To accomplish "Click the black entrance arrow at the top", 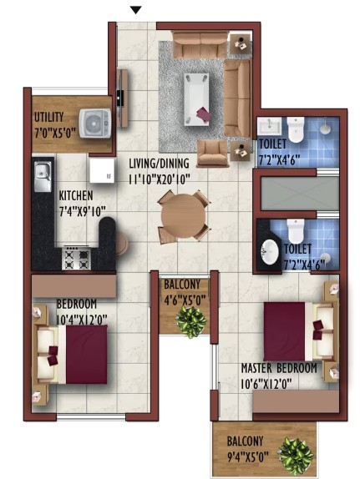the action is click(x=136, y=10).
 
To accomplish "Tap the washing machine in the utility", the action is click(x=95, y=124).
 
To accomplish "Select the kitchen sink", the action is click(x=43, y=177).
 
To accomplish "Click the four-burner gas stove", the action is click(x=77, y=259).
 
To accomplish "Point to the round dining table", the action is click(x=183, y=215).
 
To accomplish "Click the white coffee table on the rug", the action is click(x=196, y=99).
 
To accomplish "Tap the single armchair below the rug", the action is click(x=212, y=154).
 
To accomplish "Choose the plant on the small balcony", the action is click(x=191, y=321).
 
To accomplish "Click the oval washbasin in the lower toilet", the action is click(x=270, y=252).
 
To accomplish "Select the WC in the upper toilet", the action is click(x=296, y=129).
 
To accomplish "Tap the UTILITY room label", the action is click(x=48, y=118).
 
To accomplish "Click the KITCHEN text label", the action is click(x=76, y=195).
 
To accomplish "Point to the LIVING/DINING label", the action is click(x=159, y=164).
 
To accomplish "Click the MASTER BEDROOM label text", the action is click(x=279, y=368).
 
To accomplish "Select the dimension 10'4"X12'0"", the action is click(x=82, y=320).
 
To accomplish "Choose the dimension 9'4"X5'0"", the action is click(x=248, y=457).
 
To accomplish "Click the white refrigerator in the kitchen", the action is click(x=102, y=170).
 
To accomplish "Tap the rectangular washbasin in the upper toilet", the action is click(x=269, y=126).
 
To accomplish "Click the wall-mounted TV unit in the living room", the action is click(x=122, y=98).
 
